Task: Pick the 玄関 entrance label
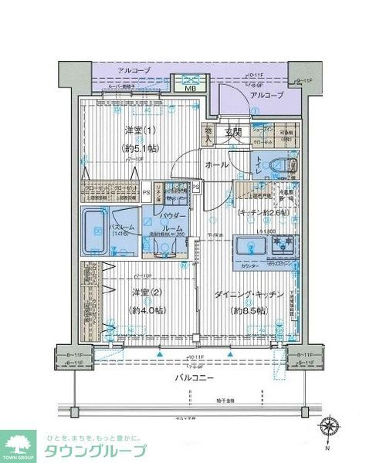click(233, 133)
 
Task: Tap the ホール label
click(216, 165)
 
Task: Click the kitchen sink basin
click(251, 246)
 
